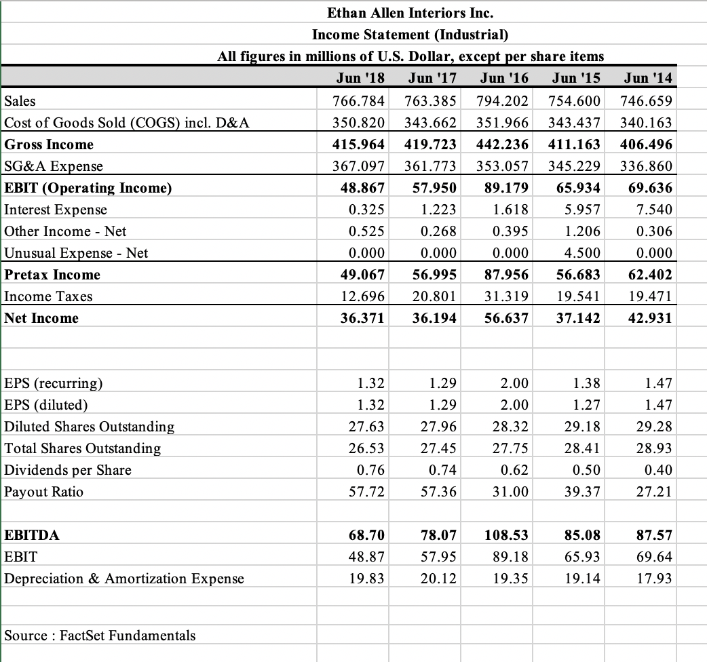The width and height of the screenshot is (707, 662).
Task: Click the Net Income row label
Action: pos(41,318)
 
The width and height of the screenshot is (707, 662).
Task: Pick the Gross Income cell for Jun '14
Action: pos(647,144)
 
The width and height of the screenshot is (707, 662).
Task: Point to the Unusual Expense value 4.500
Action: pos(581,253)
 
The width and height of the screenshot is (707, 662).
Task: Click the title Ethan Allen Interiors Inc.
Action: pos(410,12)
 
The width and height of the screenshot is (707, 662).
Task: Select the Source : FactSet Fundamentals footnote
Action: pos(100,636)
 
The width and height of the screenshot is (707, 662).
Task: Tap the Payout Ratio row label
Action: pos(44,492)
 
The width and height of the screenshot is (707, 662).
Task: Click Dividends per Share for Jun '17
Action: pos(443,470)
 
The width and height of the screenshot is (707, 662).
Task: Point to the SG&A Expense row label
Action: pos(54,166)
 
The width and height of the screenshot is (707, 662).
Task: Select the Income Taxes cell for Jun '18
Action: pos(366,296)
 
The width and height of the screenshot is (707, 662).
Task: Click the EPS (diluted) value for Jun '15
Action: pos(587,405)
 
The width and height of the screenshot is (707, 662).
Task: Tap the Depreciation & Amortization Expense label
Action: pos(124,579)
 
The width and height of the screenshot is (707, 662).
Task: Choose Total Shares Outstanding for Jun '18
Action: pos(371,448)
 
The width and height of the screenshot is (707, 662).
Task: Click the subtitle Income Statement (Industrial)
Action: pos(410,34)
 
